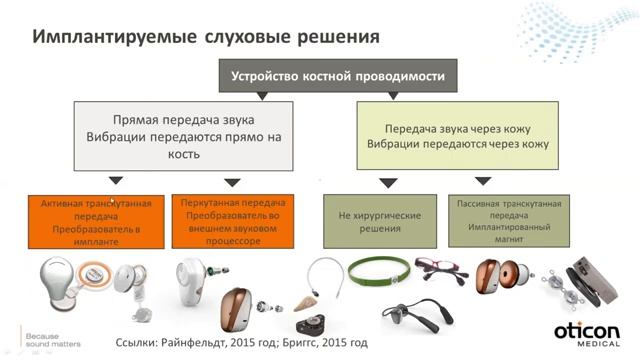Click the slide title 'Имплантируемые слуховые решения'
pos(206,36)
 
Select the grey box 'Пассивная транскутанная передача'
pos(510,221)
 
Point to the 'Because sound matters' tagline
pos(44,335)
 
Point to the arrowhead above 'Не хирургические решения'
pos(388,183)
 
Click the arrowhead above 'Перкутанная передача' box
pos(232,183)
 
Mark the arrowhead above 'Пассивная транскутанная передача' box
pos(483,182)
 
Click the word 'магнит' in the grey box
pos(509,241)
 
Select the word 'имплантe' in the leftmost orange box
pos(94,241)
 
